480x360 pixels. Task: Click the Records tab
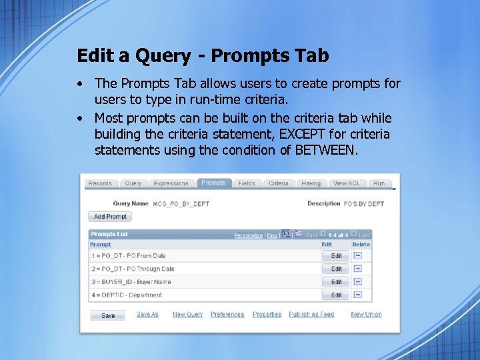100,183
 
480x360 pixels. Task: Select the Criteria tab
278,183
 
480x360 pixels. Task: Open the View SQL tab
346,183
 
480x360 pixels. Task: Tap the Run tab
379,183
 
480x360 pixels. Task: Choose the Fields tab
247,183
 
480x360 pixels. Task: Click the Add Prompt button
110,217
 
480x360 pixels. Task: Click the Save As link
147,315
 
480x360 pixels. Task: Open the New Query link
187,315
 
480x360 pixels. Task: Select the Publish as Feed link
311,315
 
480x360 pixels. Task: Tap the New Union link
366,315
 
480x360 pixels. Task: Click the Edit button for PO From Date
336,256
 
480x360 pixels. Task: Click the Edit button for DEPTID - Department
336,295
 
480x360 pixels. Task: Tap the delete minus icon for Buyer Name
358,281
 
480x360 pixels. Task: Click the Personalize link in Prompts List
248,235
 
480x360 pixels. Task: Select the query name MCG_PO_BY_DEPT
181,204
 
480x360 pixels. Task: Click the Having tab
311,183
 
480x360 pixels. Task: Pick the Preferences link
227,315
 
